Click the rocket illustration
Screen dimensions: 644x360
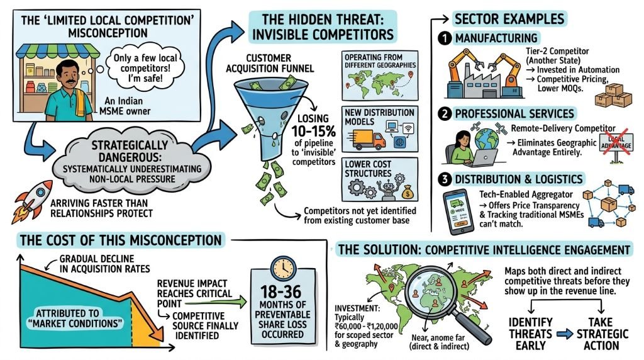click(31, 202)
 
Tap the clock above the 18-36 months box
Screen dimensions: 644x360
click(283, 268)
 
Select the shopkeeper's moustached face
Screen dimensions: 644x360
click(65, 74)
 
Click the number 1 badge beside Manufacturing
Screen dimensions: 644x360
click(445, 38)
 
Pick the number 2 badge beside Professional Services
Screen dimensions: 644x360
click(445, 113)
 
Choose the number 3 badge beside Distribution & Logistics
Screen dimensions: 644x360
click(445, 179)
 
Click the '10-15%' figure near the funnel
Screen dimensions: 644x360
click(313, 131)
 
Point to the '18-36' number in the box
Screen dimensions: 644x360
click(281, 291)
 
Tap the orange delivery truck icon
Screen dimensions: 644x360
click(369, 139)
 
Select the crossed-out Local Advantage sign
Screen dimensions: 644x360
click(616, 142)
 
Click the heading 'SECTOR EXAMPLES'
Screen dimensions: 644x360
click(509, 19)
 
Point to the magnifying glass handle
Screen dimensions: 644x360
click(474, 327)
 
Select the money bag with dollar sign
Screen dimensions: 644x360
click(408, 191)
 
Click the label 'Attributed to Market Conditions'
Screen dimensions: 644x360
click(75, 318)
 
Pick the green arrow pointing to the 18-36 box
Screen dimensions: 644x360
click(215, 303)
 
